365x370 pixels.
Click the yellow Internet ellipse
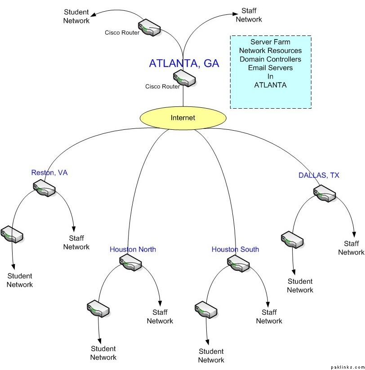(183, 118)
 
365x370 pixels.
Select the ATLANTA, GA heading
(184, 64)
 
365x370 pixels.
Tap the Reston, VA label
(49, 172)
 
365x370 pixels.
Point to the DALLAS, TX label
(319, 175)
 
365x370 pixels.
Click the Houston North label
(133, 249)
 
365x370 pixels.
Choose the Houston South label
(235, 249)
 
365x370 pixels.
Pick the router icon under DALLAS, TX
(325, 193)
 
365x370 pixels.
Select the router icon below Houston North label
(131, 262)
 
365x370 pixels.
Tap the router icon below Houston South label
(238, 263)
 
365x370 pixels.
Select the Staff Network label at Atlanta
(249, 15)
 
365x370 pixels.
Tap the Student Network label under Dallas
(300, 286)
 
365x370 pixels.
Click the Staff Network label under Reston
(76, 242)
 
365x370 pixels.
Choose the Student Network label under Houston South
(211, 356)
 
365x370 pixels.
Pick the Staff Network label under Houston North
(160, 317)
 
